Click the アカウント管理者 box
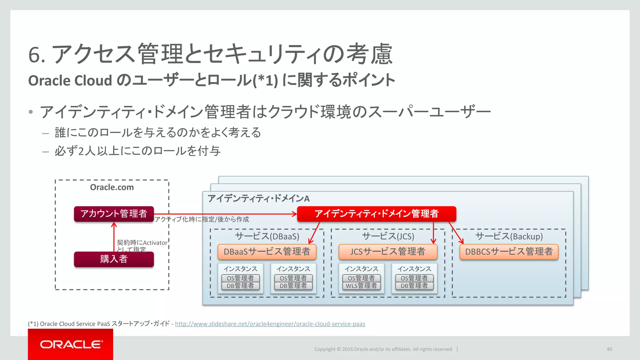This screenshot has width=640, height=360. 114,214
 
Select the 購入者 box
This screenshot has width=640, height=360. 114,259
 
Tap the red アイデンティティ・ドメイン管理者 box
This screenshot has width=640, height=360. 376,214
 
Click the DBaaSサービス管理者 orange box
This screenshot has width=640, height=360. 267,252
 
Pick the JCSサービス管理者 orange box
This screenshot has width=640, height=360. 388,252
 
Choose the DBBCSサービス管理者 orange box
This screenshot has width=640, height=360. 509,252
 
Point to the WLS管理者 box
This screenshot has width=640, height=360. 361,286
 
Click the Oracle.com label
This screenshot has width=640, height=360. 112,187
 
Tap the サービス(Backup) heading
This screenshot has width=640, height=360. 509,236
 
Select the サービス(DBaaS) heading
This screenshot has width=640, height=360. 267,236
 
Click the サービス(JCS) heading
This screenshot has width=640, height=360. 388,236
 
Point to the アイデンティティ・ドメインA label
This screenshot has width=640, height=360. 258,199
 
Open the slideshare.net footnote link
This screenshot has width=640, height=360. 270,324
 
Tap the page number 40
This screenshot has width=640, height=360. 609,349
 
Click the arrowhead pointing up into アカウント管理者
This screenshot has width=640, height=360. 114,224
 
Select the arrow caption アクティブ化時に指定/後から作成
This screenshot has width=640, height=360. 202,219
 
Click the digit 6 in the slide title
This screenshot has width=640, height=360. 34,55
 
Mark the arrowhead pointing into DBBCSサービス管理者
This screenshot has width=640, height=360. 462,242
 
